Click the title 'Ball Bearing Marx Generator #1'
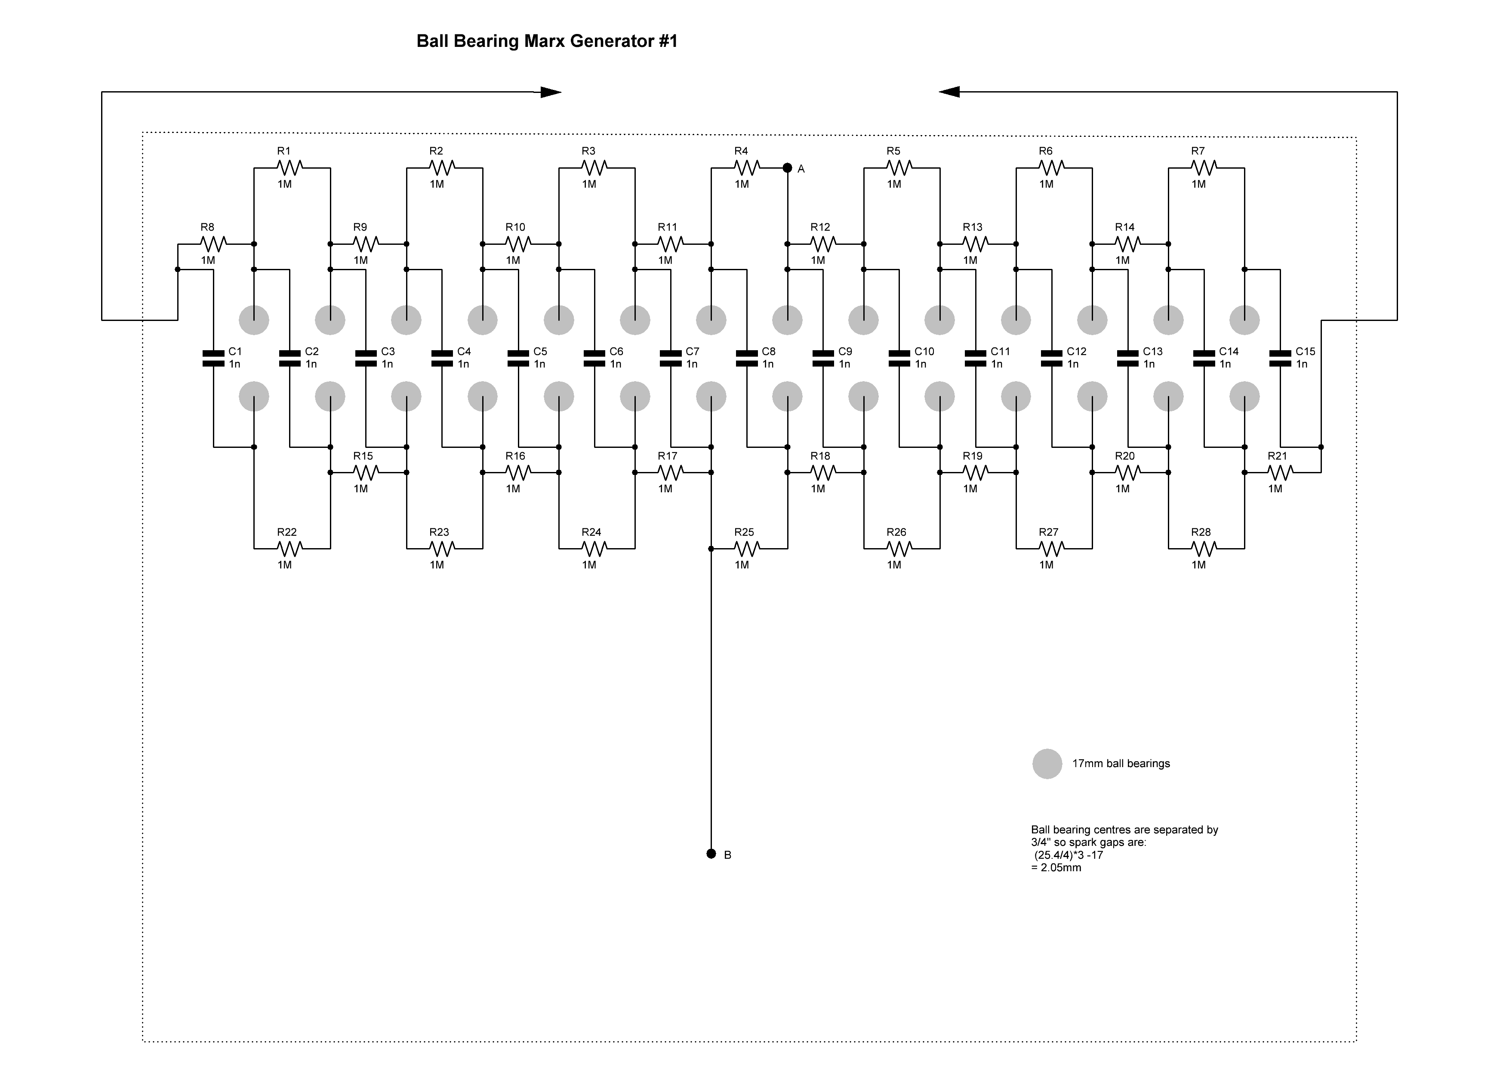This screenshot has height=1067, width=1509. click(547, 41)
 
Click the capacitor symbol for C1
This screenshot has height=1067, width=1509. click(214, 358)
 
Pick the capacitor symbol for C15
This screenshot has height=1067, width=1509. click(1280, 358)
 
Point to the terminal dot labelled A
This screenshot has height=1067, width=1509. click(787, 168)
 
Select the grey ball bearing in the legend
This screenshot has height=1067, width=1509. click(1047, 764)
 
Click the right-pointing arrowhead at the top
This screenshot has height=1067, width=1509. click(551, 92)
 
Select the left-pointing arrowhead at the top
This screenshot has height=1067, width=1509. click(949, 92)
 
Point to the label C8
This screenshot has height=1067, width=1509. click(768, 352)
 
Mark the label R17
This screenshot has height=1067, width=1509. click(667, 456)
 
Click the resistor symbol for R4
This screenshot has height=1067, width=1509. click(747, 168)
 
